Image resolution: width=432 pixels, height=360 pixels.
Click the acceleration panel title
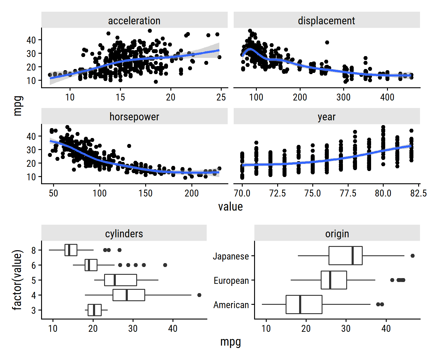[x=134, y=21]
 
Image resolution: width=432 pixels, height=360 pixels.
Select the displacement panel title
[x=326, y=21]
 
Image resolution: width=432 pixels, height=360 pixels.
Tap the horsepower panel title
[x=134, y=117]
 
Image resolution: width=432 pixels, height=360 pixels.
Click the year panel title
[x=326, y=117]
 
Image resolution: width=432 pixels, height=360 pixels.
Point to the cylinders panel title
[x=124, y=234]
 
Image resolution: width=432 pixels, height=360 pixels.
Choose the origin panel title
[x=337, y=234]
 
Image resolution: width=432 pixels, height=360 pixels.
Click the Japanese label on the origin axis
[x=231, y=256]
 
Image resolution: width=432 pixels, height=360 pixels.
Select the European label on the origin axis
[x=231, y=280]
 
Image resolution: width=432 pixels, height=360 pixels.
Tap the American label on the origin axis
[x=231, y=305]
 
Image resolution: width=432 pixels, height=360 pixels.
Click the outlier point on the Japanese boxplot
[x=412, y=256]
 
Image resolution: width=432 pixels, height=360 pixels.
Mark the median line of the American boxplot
[x=300, y=304]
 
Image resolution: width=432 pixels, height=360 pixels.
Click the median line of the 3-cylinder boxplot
[x=94, y=310]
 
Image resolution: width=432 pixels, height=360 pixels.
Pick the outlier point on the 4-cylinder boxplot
[x=199, y=295]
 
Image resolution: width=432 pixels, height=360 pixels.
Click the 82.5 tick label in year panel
[x=418, y=193]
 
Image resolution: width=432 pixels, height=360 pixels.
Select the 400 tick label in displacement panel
[x=387, y=97]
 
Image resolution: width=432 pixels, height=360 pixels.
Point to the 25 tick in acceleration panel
[x=221, y=97]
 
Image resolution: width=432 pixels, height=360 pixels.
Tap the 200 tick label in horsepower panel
[x=191, y=193]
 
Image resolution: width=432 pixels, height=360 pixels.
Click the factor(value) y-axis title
[x=17, y=280]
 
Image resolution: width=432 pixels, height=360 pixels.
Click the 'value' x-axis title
[x=230, y=207]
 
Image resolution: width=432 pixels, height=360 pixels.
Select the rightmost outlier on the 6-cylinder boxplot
[x=165, y=265]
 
